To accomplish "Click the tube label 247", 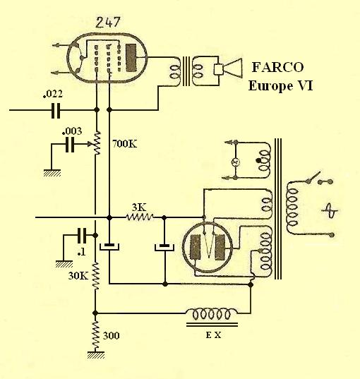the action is (108, 23).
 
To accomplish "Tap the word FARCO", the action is (278, 67).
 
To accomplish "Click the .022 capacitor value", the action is (53, 94).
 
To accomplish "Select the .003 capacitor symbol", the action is (70, 145).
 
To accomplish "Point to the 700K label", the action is (124, 144).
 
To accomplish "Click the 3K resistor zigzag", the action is (140, 217).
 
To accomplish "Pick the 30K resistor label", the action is (78, 275).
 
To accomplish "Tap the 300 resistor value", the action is (112, 336).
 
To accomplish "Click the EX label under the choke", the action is (213, 335).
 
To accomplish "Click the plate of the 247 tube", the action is (131, 58).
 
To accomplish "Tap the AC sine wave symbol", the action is (330, 210).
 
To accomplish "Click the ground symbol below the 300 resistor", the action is (96, 355).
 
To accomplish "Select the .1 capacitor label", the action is (81, 253).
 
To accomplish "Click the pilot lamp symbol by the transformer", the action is (235, 162).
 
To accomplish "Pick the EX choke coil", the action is (212, 313).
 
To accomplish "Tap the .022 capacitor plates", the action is (56, 110).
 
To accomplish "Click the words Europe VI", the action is (281, 86).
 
